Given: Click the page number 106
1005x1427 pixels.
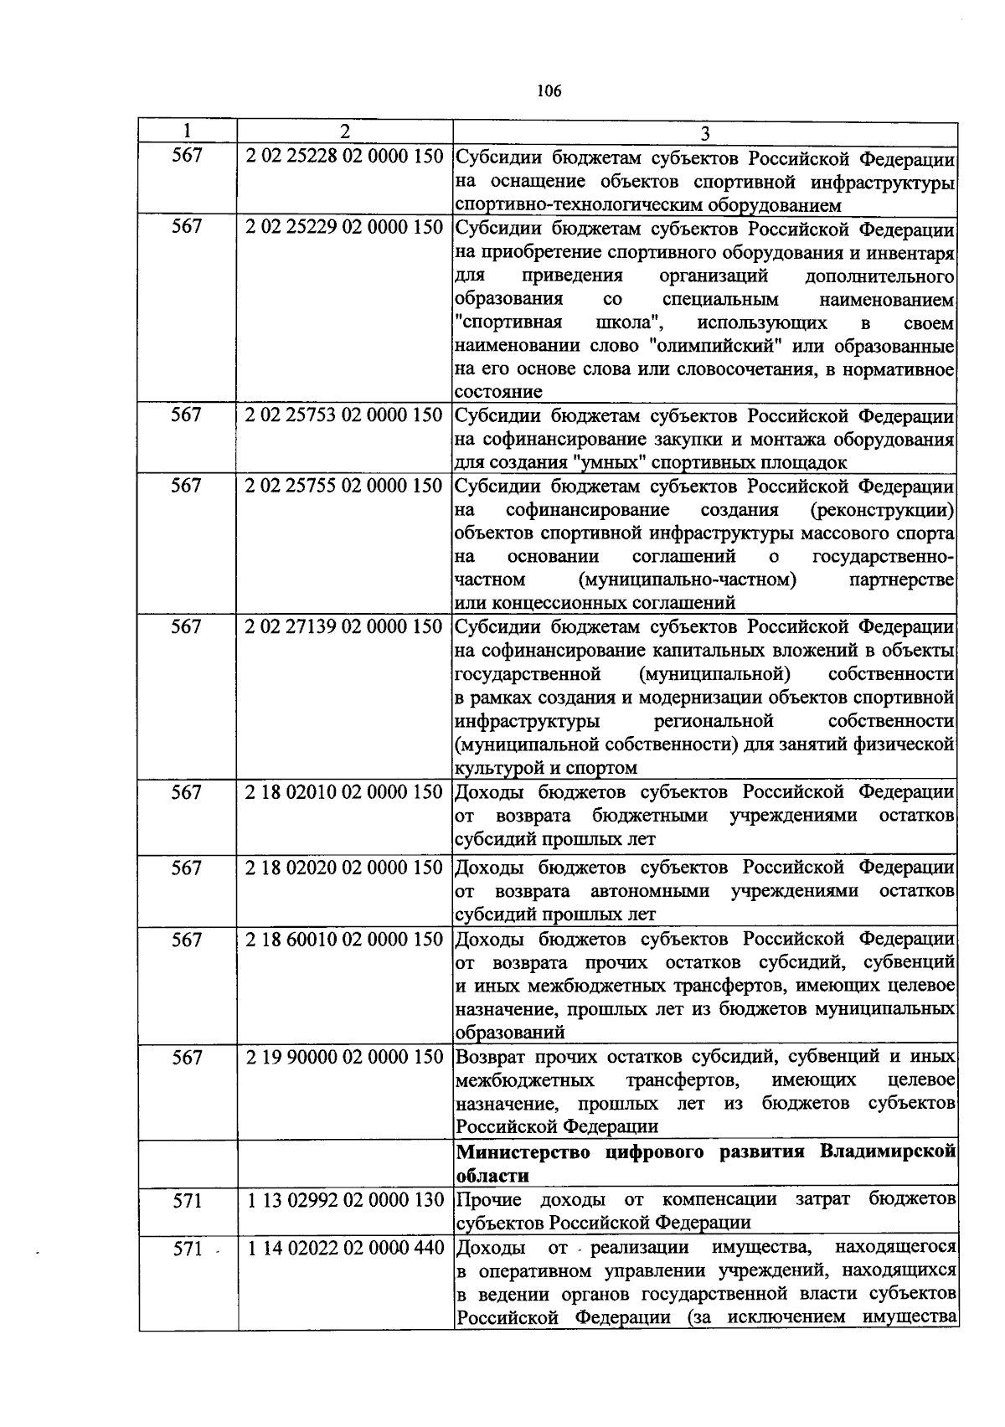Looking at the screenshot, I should click(x=549, y=91).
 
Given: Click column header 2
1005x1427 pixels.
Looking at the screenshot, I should click(x=344, y=131).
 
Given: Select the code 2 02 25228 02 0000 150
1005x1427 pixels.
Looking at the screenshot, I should click(x=344, y=157).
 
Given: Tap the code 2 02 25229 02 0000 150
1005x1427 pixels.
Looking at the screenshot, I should click(x=344, y=228).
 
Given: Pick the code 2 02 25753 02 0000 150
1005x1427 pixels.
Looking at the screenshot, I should click(x=344, y=415).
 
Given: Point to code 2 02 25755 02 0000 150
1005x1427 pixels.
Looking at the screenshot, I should click(x=344, y=487).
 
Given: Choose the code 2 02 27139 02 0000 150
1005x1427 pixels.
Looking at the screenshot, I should click(x=344, y=627).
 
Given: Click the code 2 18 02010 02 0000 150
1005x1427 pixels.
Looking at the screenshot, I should click(x=344, y=792).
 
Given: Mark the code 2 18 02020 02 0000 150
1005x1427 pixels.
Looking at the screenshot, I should click(x=344, y=868).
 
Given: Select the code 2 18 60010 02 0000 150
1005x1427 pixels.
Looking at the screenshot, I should click(x=344, y=940).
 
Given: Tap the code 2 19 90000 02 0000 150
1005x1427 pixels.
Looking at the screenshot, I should click(x=344, y=1058).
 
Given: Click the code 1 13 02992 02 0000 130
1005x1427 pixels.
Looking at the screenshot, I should click(x=344, y=1200).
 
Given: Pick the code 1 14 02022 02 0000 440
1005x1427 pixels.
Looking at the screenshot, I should click(x=344, y=1249).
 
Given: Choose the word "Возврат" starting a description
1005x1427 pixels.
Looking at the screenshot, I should click(x=490, y=1057).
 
